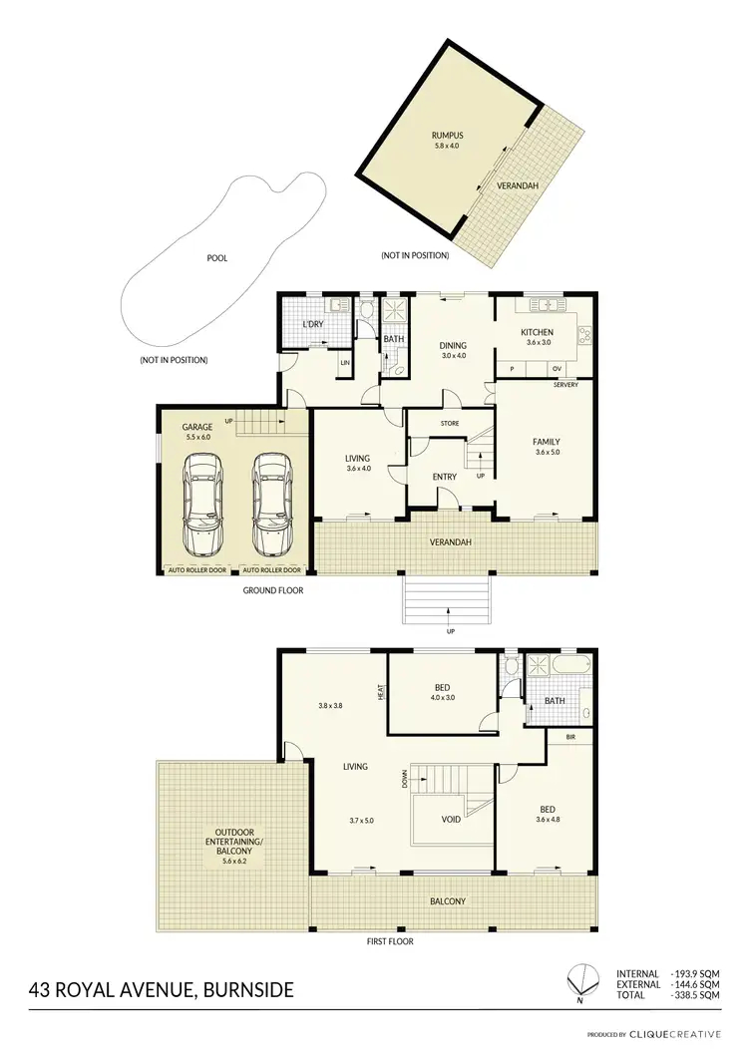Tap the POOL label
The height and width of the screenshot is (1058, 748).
pos(216,258)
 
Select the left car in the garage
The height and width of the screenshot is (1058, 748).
pos(204,505)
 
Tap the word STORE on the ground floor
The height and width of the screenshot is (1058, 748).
pos(450,424)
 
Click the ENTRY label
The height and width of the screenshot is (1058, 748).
pos(444,477)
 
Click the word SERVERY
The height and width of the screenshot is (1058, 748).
pos(566,386)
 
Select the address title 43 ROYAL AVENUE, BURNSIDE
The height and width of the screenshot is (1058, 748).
pos(162,990)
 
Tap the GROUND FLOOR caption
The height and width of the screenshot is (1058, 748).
pos(273,590)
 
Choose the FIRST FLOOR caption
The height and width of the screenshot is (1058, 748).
pos(389,940)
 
